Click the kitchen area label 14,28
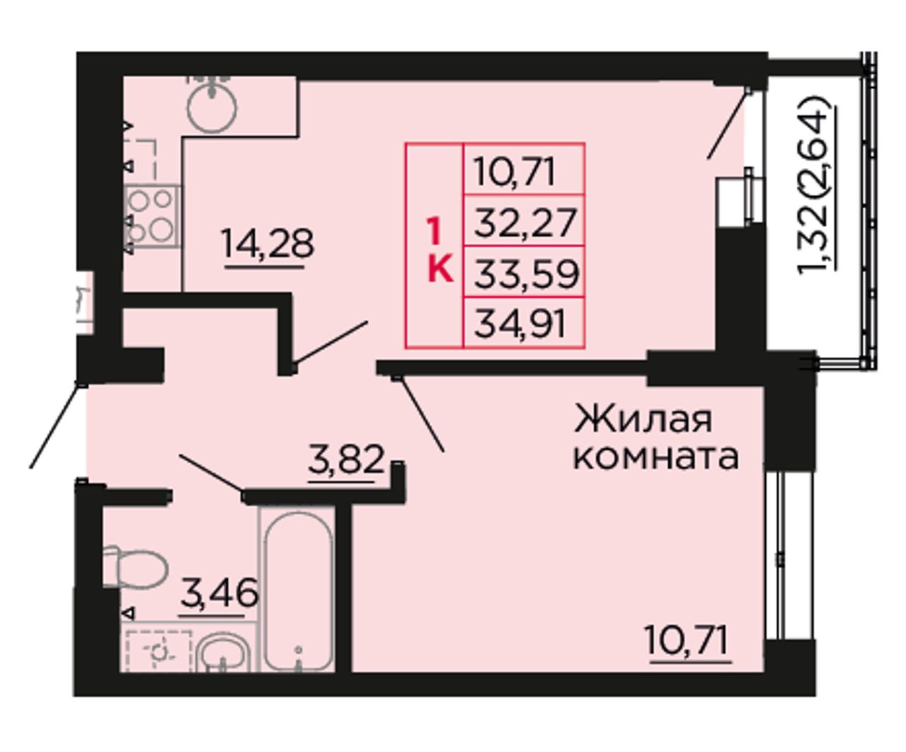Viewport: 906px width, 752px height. [268, 244]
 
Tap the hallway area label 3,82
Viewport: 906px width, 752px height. [346, 460]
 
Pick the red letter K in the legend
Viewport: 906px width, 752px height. [440, 269]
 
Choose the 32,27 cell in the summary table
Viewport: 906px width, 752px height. [524, 221]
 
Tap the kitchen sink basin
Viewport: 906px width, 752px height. [212, 106]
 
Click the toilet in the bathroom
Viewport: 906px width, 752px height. [135, 568]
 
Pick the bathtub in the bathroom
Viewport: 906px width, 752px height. [299, 591]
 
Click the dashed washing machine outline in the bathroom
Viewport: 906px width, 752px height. [159, 651]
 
